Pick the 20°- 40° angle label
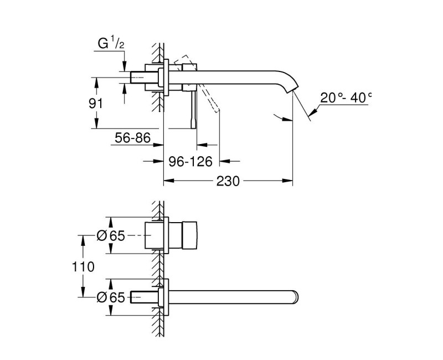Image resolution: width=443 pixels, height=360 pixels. coord(346,98)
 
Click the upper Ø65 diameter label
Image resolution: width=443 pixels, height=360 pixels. coord(110,235)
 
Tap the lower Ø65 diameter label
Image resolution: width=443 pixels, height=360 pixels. coord(110,297)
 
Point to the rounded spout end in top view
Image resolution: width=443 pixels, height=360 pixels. coord(295,297)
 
